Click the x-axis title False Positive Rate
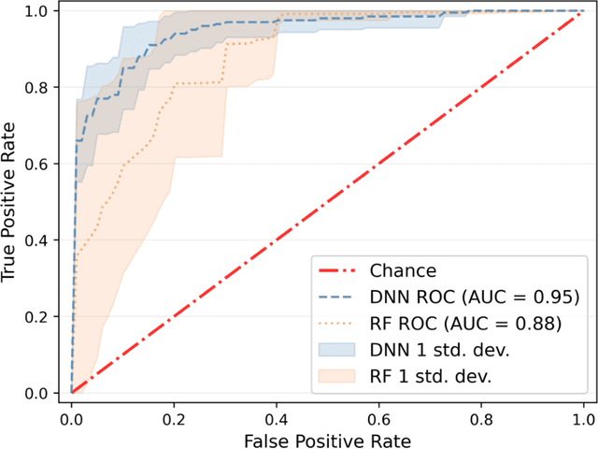click(x=327, y=438)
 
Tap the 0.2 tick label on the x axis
click(x=174, y=414)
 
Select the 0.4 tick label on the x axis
click(x=277, y=414)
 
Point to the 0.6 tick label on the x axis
click(x=378, y=414)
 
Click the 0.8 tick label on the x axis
click(x=481, y=414)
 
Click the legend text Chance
click(x=404, y=271)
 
